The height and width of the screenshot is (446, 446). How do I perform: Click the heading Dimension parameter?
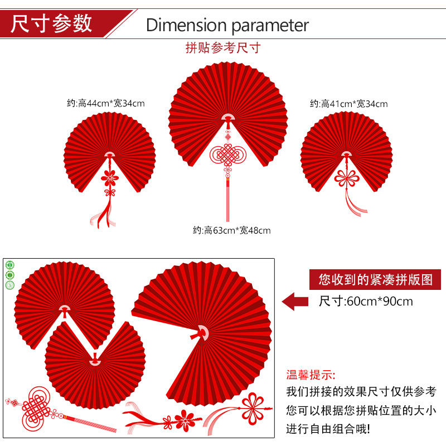[x=227, y=25]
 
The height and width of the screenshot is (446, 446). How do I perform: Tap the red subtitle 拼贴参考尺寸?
[x=222, y=48]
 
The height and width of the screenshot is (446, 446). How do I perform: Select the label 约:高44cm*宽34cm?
[x=106, y=103]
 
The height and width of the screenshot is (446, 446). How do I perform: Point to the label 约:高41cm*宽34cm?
[x=348, y=104]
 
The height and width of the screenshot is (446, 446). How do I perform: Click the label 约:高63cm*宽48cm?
[x=231, y=230]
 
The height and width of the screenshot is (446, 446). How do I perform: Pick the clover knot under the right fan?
[x=346, y=178]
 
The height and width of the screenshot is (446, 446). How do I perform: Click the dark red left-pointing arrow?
[x=295, y=302]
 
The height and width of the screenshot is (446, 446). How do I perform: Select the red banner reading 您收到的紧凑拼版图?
[x=371, y=279]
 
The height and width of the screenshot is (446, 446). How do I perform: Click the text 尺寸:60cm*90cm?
[x=366, y=302]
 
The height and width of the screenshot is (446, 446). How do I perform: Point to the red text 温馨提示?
[x=311, y=375]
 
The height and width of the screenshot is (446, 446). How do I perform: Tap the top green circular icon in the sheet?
[x=9, y=265]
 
